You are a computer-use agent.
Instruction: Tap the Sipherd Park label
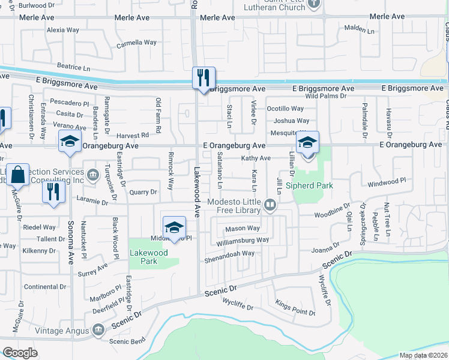(309, 186)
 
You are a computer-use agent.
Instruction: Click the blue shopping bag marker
(18, 175)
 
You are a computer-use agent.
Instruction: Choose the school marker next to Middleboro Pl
(174, 227)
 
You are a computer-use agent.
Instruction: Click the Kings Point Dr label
(295, 313)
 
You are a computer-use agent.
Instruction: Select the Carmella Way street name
(136, 43)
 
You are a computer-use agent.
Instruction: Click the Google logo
(20, 353)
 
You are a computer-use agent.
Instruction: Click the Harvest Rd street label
(132, 136)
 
